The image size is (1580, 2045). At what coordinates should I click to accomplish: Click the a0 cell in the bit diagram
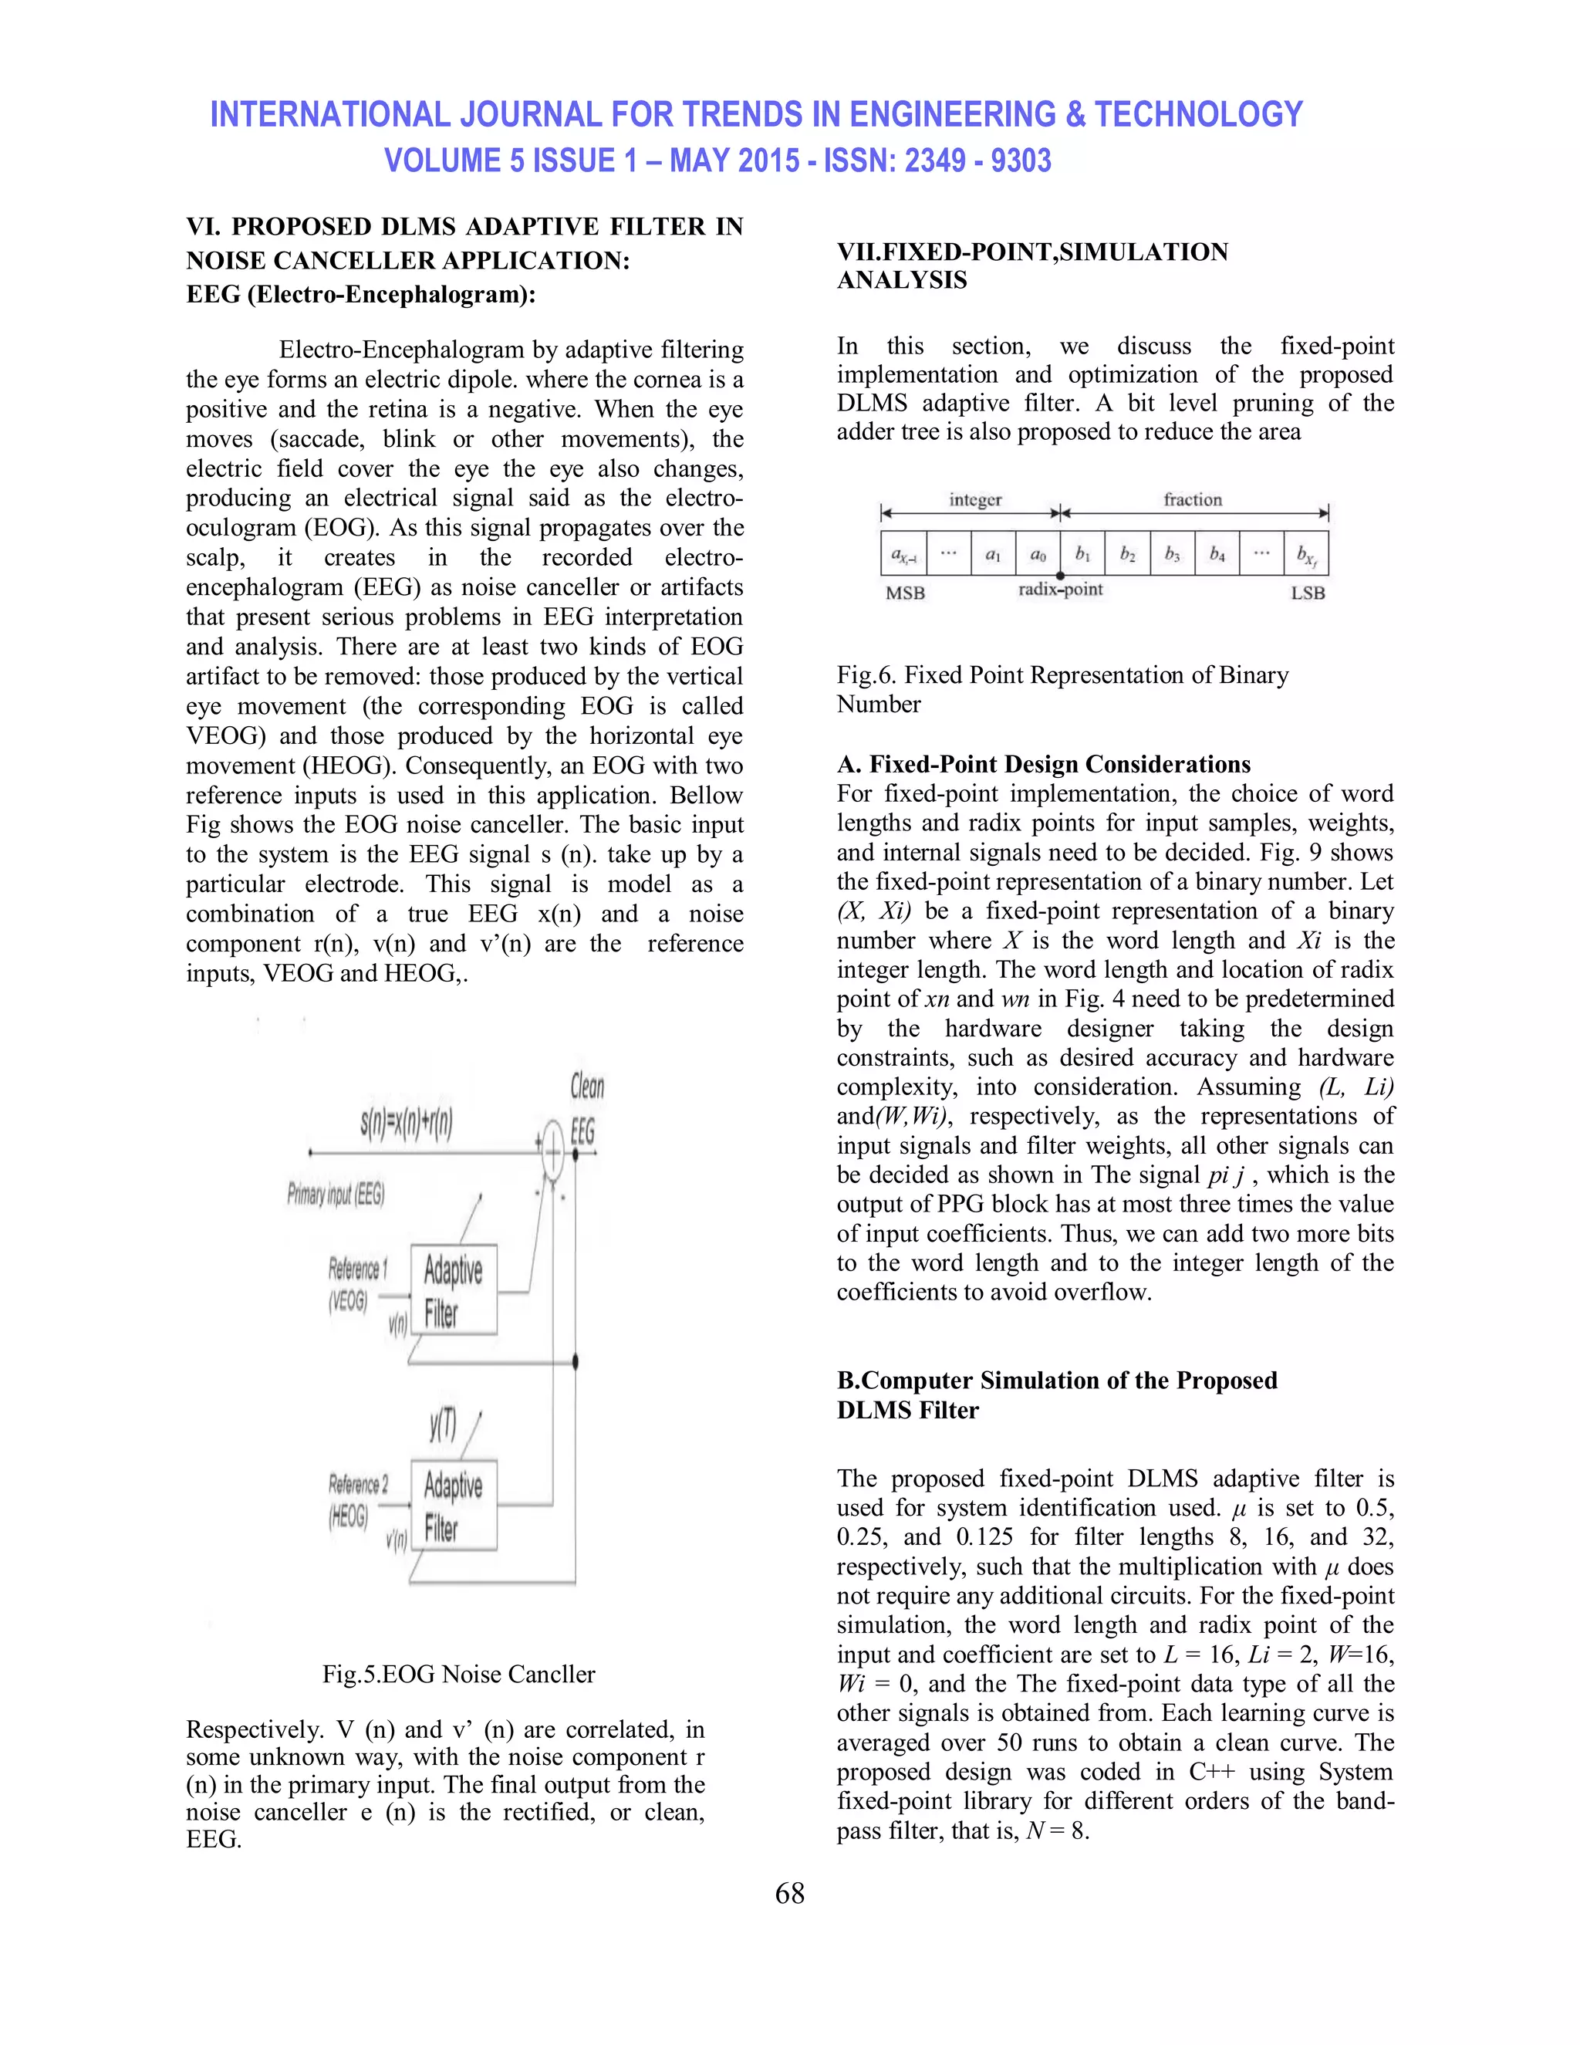coord(1037,554)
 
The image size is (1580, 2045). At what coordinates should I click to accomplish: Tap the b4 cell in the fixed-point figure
coord(1216,554)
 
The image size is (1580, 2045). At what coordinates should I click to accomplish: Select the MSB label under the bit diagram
coord(904,593)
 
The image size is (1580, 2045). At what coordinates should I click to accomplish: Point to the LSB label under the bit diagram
coord(1307,593)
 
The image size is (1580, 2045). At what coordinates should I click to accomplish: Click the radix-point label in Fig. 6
coord(1061,590)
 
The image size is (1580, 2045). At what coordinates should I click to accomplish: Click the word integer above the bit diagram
coord(974,500)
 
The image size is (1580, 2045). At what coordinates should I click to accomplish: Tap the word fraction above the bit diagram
coord(1193,500)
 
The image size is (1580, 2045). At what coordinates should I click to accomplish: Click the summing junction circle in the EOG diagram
coord(552,1154)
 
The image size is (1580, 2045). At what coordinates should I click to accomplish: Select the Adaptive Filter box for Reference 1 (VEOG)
coord(453,1290)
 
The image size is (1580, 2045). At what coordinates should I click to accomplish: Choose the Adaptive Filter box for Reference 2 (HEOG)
coord(453,1505)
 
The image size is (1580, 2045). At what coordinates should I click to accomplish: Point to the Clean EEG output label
coord(586,1110)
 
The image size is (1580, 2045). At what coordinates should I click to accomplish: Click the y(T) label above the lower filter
coord(443,1425)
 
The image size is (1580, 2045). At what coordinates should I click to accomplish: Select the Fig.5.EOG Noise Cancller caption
coord(459,1673)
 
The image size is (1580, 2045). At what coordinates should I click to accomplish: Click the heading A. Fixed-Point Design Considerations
coord(1043,764)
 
